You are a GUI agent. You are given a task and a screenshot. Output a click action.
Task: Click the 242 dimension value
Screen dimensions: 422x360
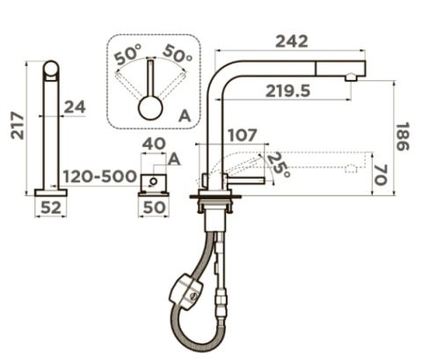292,41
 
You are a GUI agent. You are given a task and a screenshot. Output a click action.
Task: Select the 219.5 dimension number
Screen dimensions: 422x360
287,92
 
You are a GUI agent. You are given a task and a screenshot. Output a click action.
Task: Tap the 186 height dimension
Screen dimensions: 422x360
403,136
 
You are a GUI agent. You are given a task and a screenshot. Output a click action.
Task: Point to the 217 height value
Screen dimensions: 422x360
18,126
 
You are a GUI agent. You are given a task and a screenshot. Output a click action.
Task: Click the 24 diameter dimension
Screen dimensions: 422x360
75,107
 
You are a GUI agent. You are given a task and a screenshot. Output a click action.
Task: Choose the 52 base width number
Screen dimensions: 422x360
51,208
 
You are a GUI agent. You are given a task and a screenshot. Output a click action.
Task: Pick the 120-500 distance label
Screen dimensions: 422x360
100,177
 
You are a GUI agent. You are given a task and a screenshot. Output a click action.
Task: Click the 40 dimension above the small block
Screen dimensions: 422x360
154,144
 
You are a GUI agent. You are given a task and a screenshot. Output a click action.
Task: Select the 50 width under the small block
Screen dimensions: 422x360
154,208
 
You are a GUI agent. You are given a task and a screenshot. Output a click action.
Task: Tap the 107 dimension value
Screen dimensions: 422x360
243,136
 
